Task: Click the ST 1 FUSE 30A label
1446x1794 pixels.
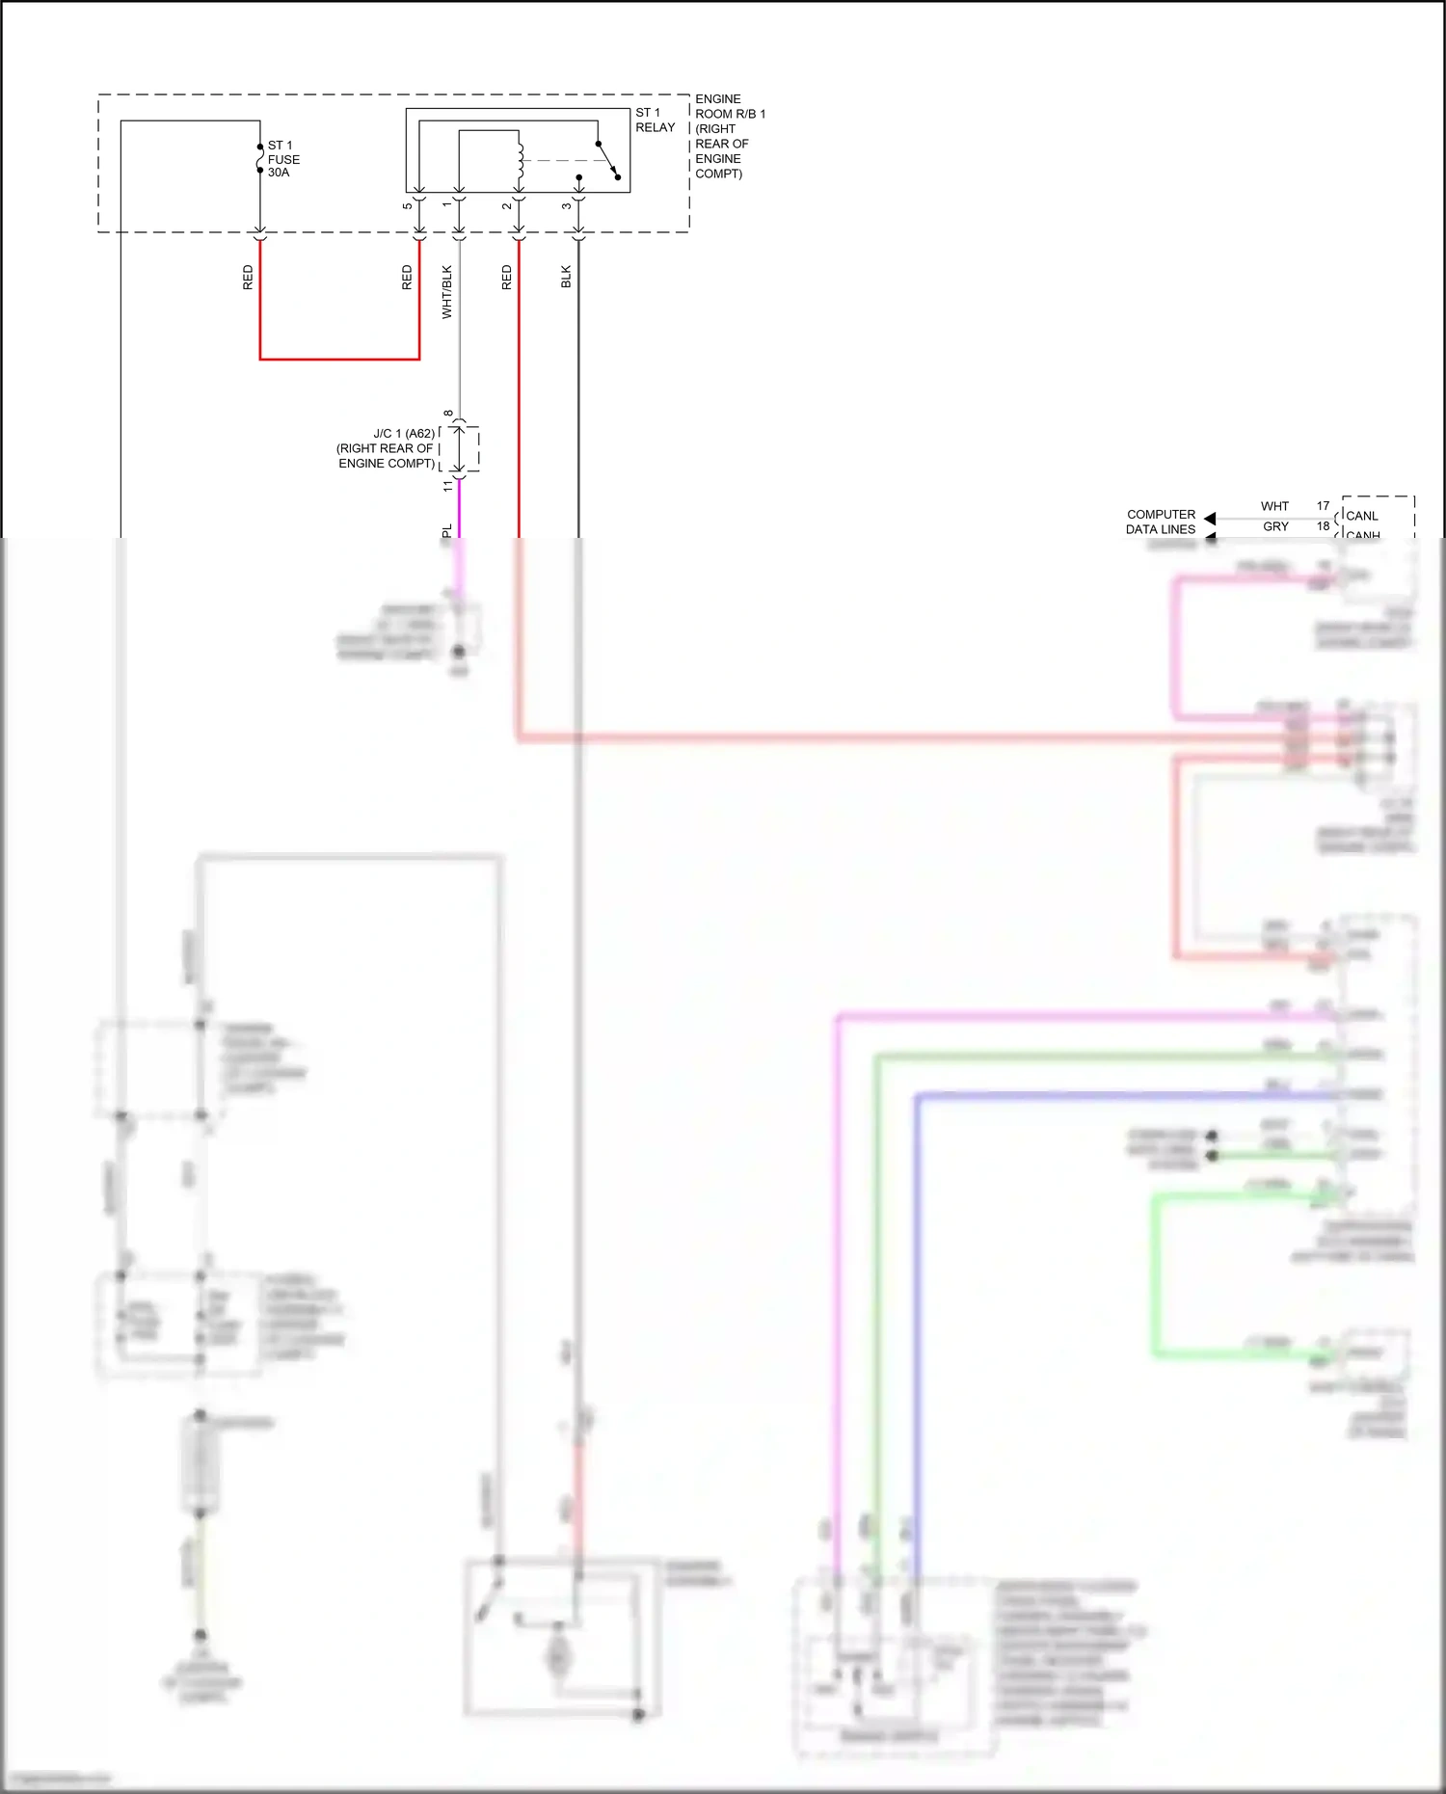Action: pyautogui.click(x=282, y=159)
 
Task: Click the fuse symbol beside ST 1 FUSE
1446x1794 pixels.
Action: pyautogui.click(x=259, y=158)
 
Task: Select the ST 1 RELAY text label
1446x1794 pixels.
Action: pyautogui.click(x=655, y=120)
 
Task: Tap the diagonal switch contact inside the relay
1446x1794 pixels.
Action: pyautogui.click(x=607, y=159)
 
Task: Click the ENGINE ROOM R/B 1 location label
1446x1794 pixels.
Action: pyautogui.click(x=729, y=136)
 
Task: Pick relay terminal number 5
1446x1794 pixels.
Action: pyautogui.click(x=408, y=204)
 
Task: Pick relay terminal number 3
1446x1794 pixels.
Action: pyautogui.click(x=567, y=204)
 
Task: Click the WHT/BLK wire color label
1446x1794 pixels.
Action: pyautogui.click(x=446, y=291)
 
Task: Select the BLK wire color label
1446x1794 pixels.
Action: pyautogui.click(x=566, y=277)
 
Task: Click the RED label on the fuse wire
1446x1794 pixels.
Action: pyautogui.click(x=248, y=278)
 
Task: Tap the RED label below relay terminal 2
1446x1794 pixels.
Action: pyautogui.click(x=507, y=278)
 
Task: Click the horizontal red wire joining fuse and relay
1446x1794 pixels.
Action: pyautogui.click(x=339, y=359)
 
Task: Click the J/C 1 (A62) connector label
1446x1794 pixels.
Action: pyautogui.click(x=386, y=448)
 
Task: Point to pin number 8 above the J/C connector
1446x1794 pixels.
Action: pyautogui.click(x=448, y=414)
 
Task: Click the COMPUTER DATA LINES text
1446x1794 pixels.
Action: pyautogui.click(x=1161, y=522)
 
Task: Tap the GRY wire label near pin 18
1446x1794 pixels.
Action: pyautogui.click(x=1275, y=526)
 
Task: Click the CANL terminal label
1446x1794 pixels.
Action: pyautogui.click(x=1361, y=516)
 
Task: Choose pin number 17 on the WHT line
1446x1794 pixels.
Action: pyautogui.click(x=1323, y=505)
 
